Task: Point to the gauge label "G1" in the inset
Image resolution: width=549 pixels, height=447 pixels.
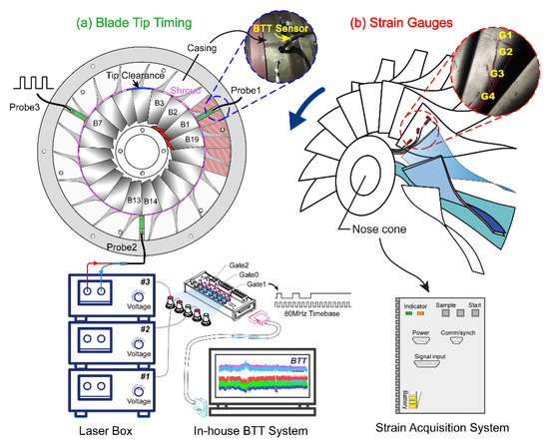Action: [x=505, y=35]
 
